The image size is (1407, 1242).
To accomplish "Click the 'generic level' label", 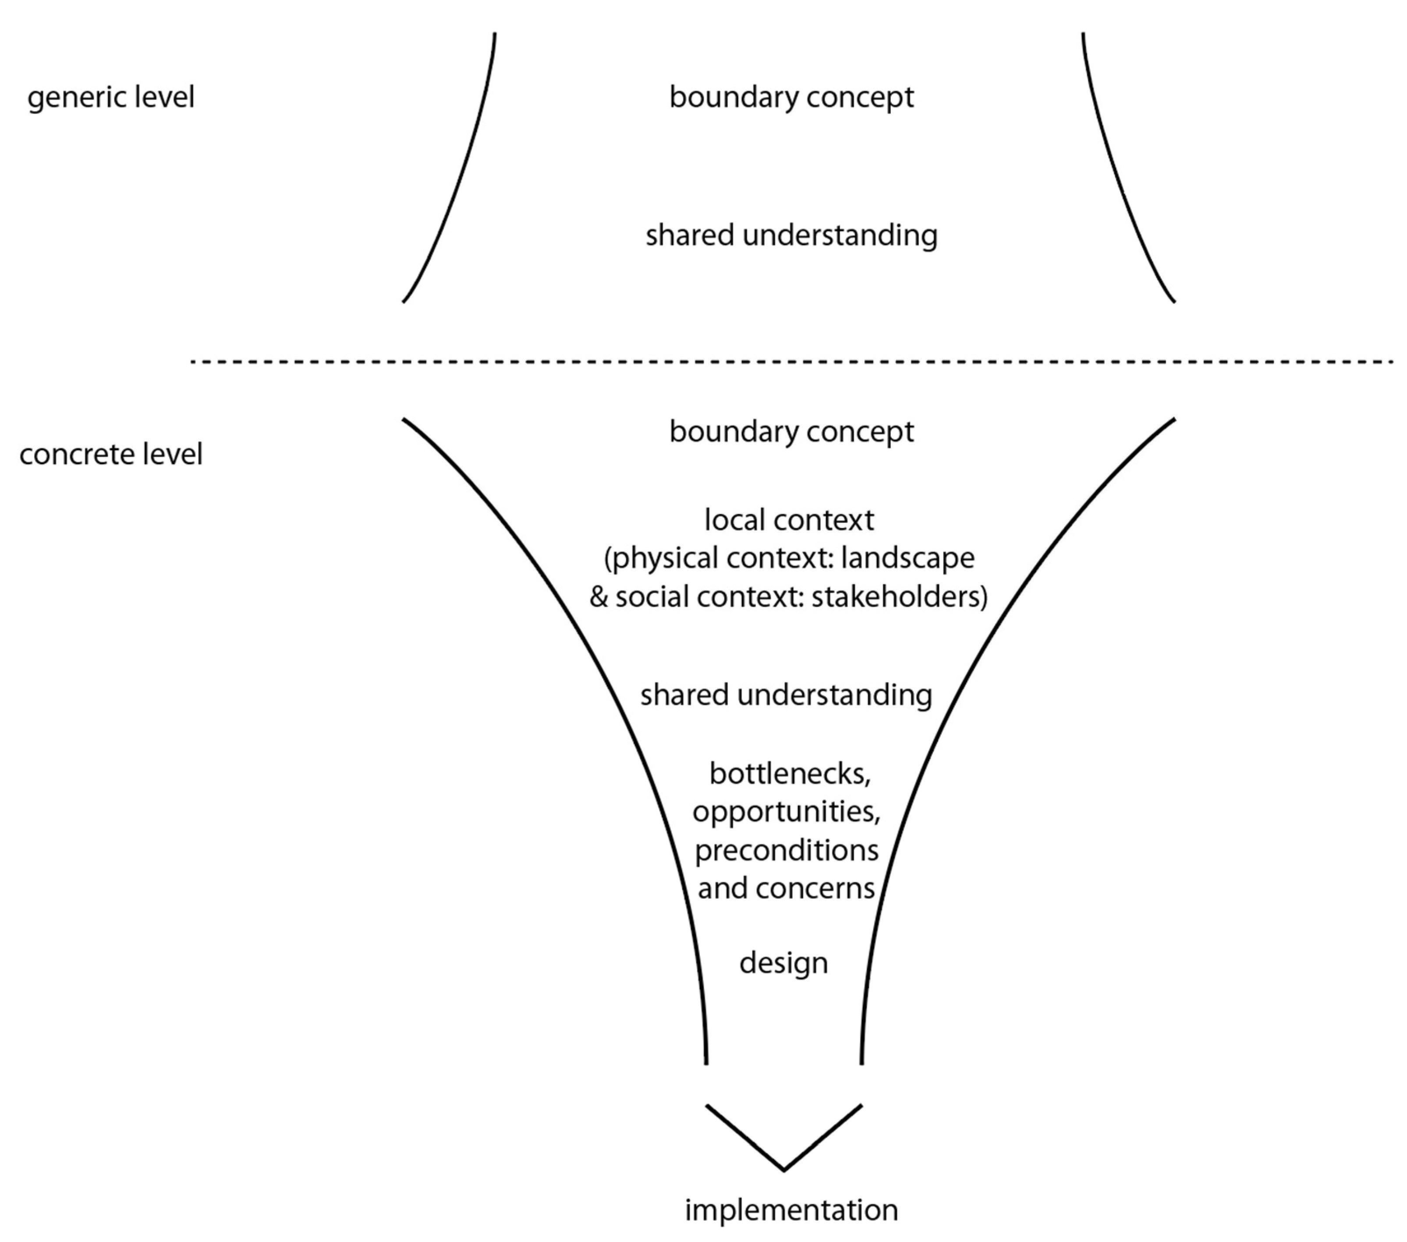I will pos(111,97).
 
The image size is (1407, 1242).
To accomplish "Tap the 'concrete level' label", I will pos(111,454).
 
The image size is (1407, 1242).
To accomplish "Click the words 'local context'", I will pos(789,520).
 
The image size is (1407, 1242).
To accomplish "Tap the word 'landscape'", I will pos(907,557).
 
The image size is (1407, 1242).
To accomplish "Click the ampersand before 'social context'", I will pos(599,596).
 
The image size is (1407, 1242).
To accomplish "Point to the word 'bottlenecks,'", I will pos(790,774).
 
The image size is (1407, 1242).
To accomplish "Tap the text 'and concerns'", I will pos(786,888).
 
